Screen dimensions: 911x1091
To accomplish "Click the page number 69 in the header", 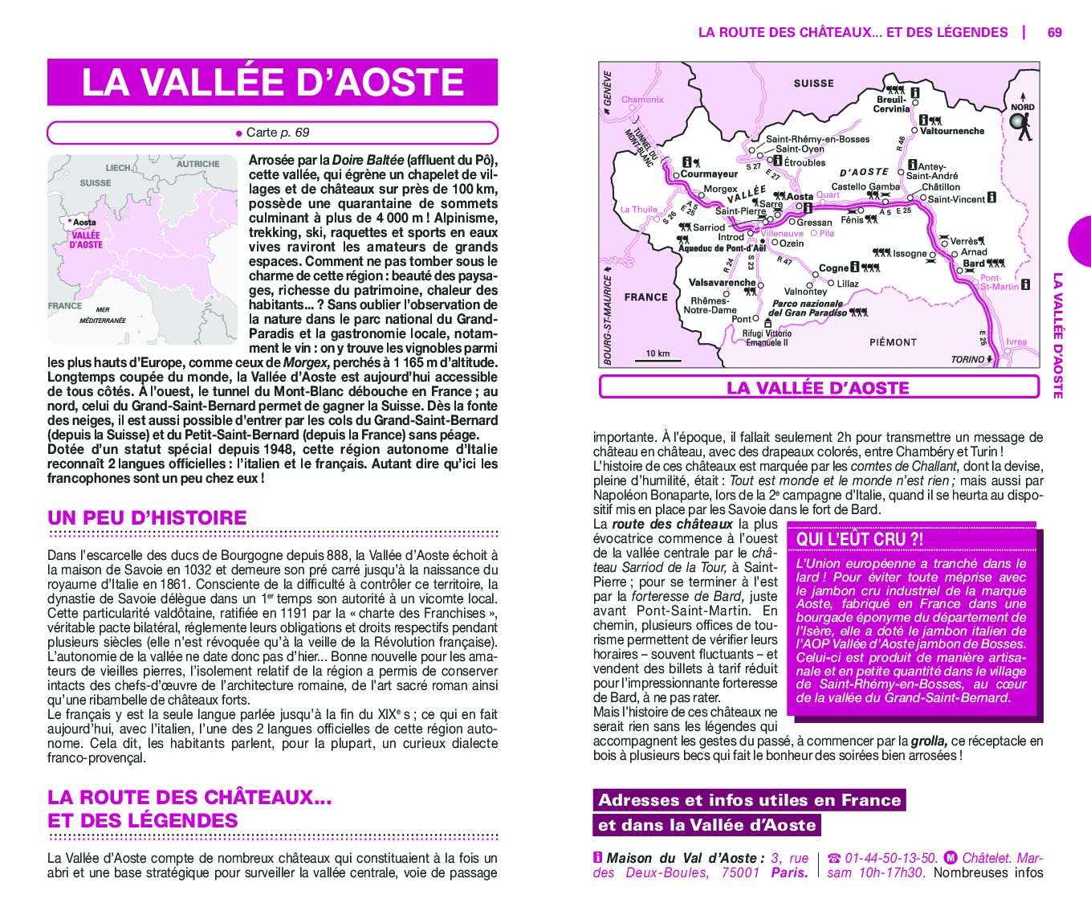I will pyautogui.click(x=1054, y=32).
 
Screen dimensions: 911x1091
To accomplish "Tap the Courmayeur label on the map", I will pyautogui.click(x=709, y=174).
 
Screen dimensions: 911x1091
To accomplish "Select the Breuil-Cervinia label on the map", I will pyautogui.click(x=891, y=104).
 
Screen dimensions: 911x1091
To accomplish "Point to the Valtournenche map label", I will pyautogui.click(x=951, y=131).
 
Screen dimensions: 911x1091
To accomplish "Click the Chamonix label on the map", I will pyautogui.click(x=642, y=100).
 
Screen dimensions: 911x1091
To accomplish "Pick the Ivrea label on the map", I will pyautogui.click(x=1016, y=341).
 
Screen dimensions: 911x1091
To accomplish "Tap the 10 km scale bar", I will pyautogui.click(x=657, y=357).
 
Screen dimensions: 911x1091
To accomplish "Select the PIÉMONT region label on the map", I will pyautogui.click(x=893, y=342).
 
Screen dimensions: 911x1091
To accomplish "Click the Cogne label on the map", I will pyautogui.click(x=833, y=268).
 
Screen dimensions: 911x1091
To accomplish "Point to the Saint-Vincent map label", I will pyautogui.click(x=956, y=199).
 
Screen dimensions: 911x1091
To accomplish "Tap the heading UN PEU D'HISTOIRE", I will pyautogui.click(x=147, y=518).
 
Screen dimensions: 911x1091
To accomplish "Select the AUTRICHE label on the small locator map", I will pyautogui.click(x=197, y=164).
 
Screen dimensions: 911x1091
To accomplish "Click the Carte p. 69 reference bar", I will pyautogui.click(x=272, y=133).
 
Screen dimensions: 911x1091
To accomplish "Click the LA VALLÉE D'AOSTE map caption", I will pyautogui.click(x=817, y=388).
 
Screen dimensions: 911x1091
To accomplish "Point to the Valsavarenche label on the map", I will pyautogui.click(x=722, y=283).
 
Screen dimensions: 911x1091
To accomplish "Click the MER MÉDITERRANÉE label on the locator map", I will pyautogui.click(x=102, y=315).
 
